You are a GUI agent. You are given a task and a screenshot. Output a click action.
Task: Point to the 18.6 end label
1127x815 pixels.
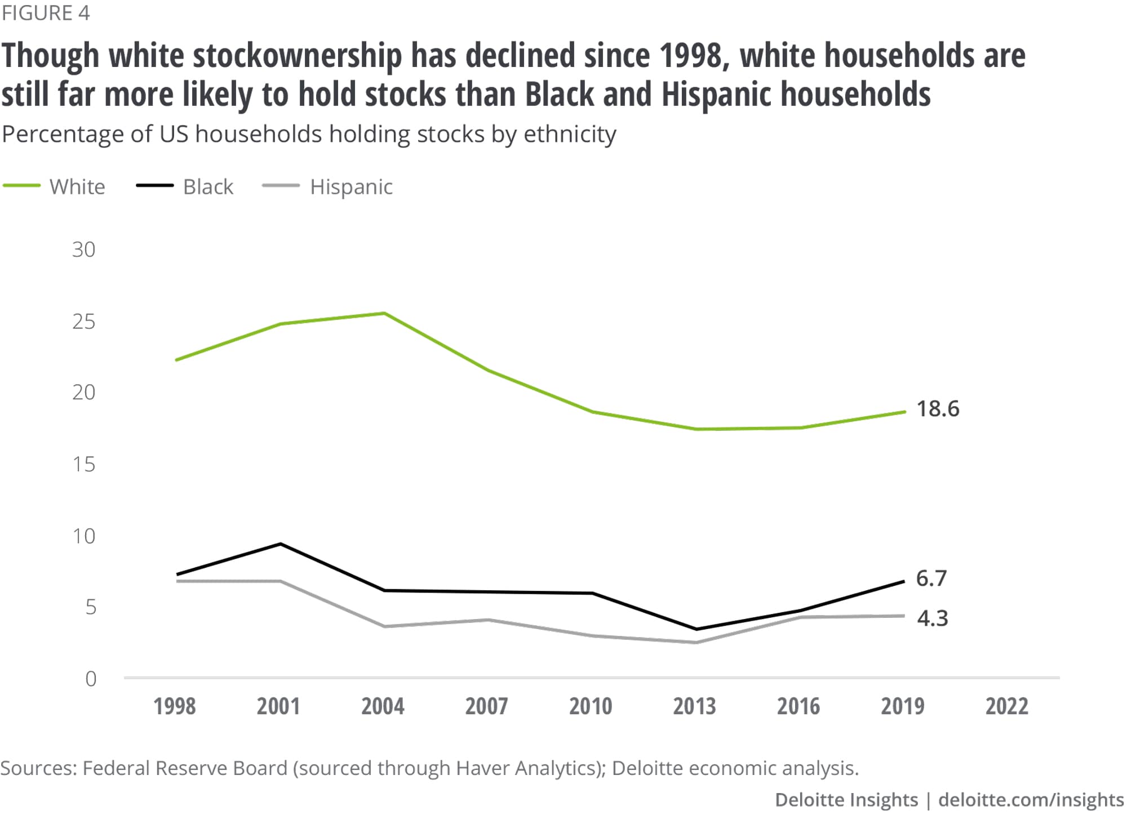[x=938, y=409]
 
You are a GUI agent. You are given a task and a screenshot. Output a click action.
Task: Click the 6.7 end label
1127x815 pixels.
[x=931, y=578]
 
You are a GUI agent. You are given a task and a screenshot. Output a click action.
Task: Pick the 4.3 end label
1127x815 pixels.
[x=932, y=618]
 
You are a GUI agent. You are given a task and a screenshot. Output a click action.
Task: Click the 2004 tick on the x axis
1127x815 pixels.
[x=383, y=706]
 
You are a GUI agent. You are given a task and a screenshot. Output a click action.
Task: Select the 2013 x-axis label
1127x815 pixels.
[x=694, y=706]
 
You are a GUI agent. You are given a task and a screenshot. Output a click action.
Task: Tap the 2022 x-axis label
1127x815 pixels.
[x=1006, y=706]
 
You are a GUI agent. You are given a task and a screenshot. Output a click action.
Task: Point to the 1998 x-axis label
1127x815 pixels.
[x=175, y=706]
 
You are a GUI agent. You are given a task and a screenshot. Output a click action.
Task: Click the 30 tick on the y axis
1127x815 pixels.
[x=83, y=250]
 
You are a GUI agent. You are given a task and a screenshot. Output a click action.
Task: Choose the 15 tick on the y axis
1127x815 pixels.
[x=83, y=464]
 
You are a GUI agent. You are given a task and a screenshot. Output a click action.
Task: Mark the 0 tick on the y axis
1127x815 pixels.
[x=91, y=679]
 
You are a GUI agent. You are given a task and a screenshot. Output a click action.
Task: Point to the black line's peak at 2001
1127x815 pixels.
[x=281, y=544]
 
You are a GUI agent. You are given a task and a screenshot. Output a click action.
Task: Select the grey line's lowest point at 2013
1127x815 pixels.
[x=696, y=643]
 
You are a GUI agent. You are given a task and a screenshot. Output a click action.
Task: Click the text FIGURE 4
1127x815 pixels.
[x=46, y=13]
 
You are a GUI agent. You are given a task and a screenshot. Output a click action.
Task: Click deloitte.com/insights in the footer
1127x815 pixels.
[x=1031, y=800]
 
